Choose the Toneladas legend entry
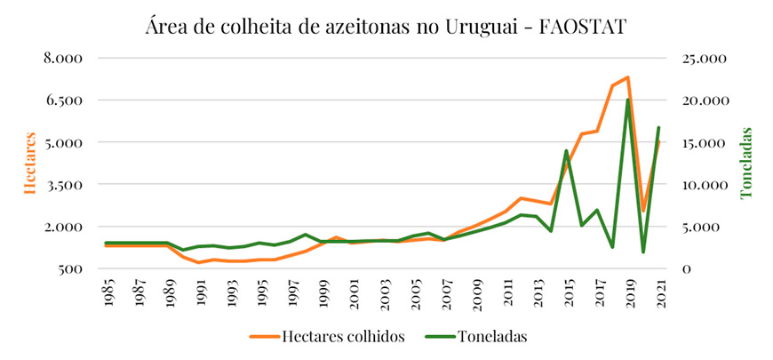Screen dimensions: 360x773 coord(493,336)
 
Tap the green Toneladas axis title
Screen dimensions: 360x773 coord(747,163)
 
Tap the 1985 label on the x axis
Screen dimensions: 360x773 coord(107,293)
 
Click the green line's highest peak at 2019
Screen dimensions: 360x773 coord(628,100)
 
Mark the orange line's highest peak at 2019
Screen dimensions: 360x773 coord(628,77)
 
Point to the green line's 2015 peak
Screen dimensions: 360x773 coord(567,151)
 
